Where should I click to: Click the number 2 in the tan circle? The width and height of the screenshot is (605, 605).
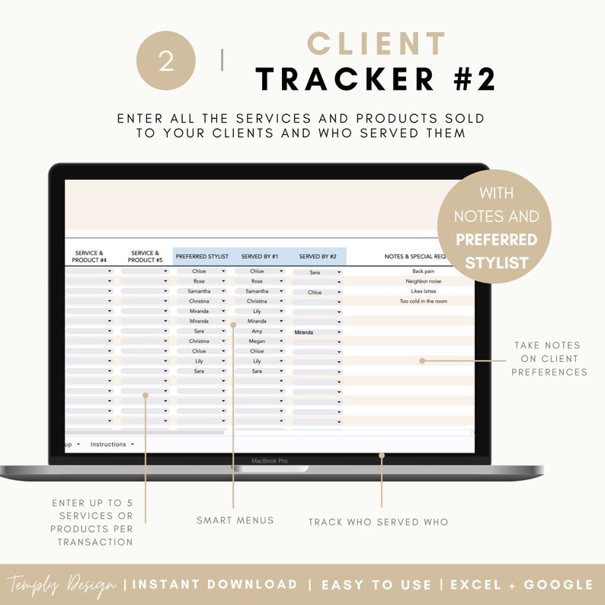pos(166,62)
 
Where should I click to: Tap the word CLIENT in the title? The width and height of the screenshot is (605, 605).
pos(376,44)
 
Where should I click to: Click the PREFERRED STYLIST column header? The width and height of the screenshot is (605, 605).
pos(202,257)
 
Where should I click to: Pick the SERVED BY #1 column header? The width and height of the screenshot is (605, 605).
pos(260,257)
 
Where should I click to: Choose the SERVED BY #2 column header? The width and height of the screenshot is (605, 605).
pos(318,257)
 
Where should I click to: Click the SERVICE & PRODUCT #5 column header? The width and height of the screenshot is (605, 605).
pos(145,257)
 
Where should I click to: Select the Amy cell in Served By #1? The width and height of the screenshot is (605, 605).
pos(257,331)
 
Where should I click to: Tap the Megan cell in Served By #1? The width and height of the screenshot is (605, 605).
pos(257,341)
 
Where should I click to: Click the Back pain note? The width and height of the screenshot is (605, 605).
pos(423,271)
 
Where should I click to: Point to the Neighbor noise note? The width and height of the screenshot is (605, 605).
pos(423,281)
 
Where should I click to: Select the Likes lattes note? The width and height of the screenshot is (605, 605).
pos(423,291)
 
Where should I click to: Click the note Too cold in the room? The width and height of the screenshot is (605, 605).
pos(423,301)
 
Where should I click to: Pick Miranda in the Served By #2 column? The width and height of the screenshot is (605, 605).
pos(304,332)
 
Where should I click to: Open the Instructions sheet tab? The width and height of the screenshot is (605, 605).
pos(108,444)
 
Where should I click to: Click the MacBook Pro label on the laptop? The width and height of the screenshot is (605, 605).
pos(270,460)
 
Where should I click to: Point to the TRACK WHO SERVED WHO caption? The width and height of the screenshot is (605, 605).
pos(378,522)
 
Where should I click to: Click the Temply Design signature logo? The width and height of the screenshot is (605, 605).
pos(62,585)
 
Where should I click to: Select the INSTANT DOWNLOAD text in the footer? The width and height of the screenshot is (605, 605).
pos(216,584)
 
